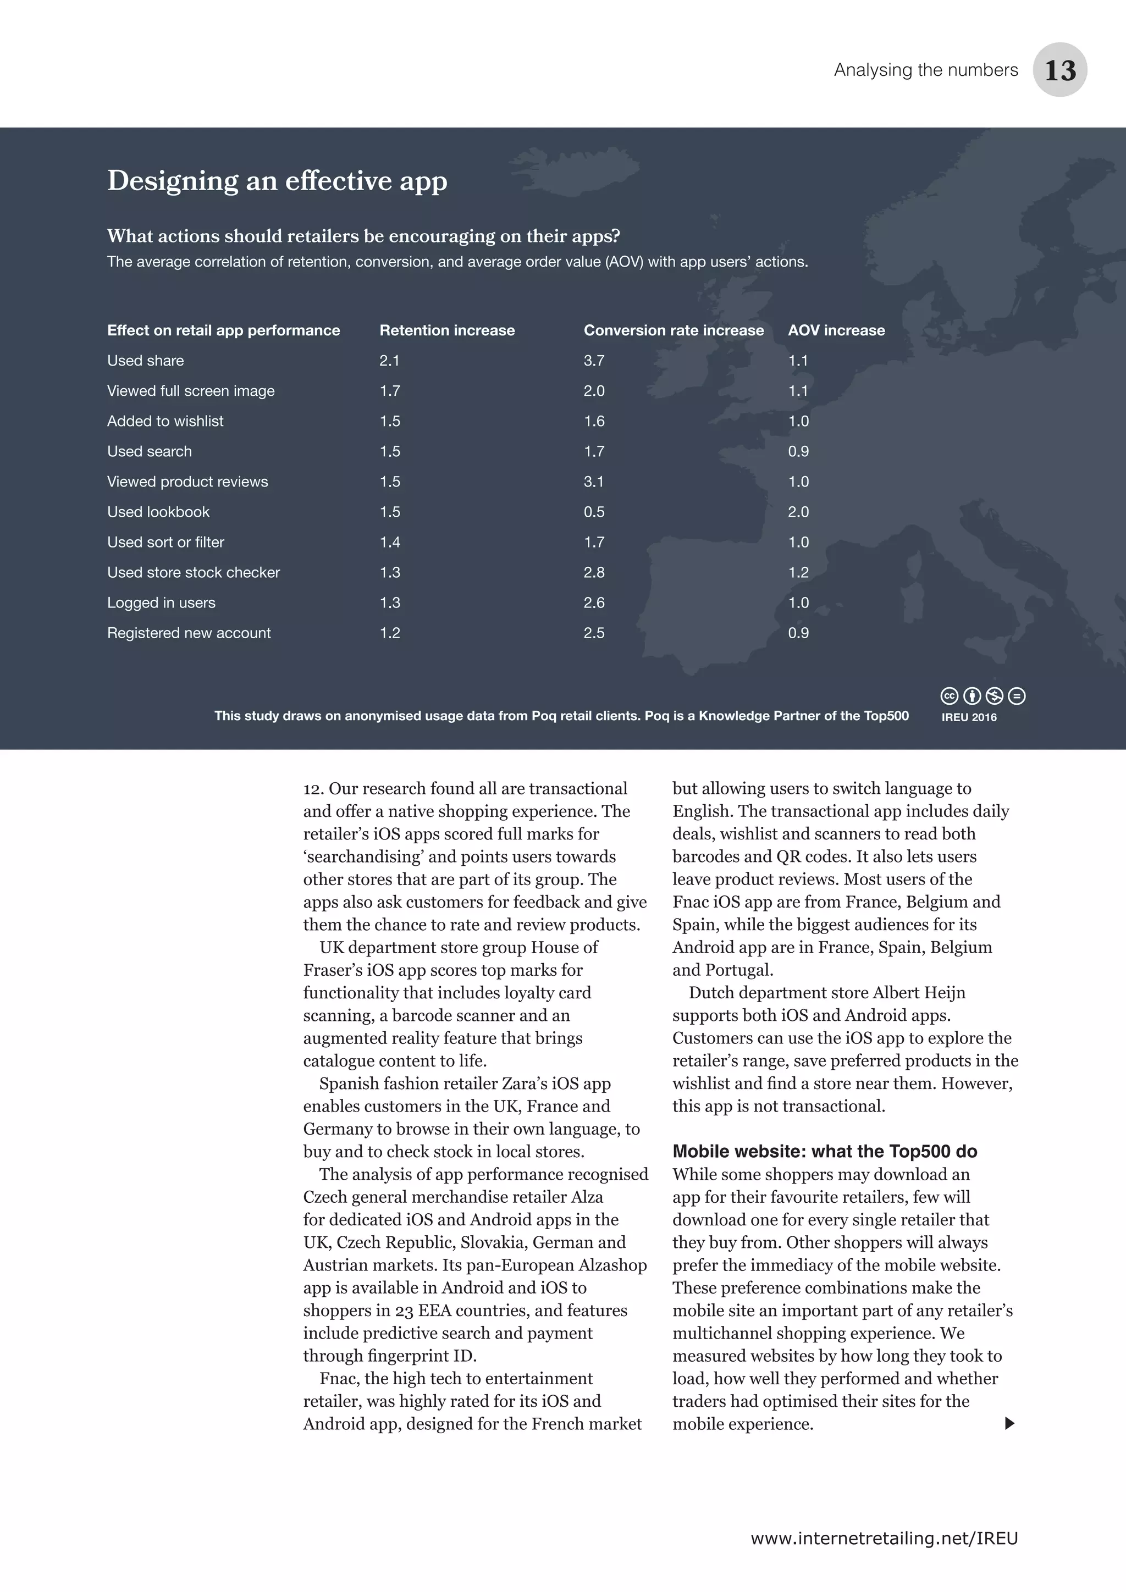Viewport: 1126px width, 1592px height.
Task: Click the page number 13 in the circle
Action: (1059, 70)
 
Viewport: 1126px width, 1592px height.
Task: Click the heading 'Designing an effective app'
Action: (277, 181)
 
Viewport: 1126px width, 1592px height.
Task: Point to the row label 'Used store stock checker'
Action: (194, 573)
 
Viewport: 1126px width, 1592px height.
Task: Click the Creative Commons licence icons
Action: (983, 695)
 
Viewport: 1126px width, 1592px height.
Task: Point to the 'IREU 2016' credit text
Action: (969, 717)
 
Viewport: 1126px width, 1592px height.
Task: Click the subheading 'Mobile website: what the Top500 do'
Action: (824, 1152)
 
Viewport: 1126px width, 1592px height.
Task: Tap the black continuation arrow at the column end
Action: (1009, 1423)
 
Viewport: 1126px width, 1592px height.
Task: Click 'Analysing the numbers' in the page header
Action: (926, 70)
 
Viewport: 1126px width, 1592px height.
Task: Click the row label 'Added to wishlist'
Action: (165, 422)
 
